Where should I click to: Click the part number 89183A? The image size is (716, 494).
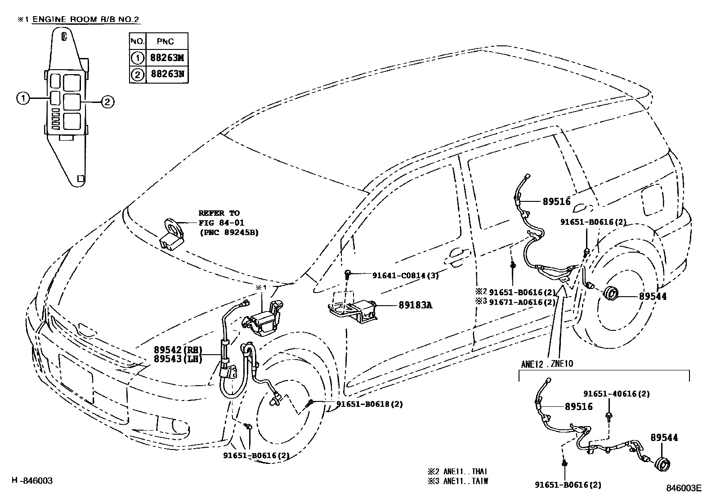click(415, 305)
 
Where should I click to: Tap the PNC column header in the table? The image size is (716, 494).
click(166, 41)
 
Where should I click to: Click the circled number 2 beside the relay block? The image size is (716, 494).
click(107, 102)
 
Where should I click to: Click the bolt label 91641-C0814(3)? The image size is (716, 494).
click(405, 275)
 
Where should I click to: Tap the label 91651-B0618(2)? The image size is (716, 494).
click(370, 404)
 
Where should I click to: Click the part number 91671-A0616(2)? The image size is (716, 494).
click(522, 302)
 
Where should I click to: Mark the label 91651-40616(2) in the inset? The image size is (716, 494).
click(617, 394)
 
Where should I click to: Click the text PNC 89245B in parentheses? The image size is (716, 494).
click(229, 232)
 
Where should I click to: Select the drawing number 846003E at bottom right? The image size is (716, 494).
click(684, 487)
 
